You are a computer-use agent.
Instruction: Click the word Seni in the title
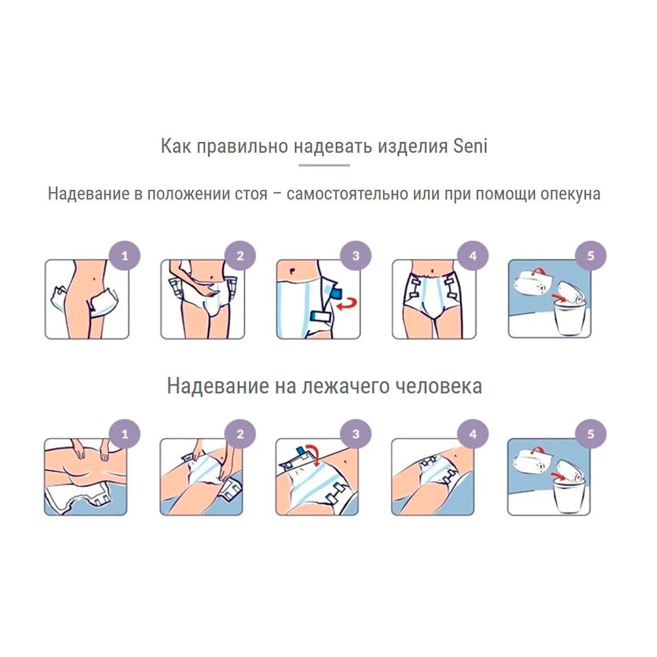(470, 147)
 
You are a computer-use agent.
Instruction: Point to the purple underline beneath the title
(325, 165)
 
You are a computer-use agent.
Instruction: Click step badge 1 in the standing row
(124, 256)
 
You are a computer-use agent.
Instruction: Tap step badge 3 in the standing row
(355, 256)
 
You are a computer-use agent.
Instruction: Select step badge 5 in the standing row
(591, 256)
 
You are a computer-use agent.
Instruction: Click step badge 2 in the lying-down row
(240, 434)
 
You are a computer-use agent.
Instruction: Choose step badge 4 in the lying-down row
(473, 434)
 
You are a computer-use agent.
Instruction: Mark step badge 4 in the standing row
(473, 256)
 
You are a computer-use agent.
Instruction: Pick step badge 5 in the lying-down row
(591, 434)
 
